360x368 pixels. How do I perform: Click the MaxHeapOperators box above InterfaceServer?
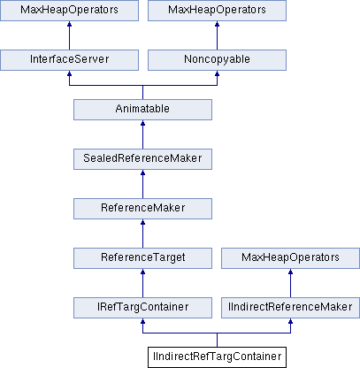point(69,11)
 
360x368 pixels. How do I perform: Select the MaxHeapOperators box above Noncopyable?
point(217,11)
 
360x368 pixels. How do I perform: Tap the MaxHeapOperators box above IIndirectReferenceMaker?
point(290,258)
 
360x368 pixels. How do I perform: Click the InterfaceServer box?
point(69,60)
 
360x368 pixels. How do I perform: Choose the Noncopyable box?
point(217,60)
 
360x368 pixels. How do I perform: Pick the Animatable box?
point(142,110)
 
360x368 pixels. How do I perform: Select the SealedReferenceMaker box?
point(142,159)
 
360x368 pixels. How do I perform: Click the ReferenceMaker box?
point(142,209)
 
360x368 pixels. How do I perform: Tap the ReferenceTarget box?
point(142,258)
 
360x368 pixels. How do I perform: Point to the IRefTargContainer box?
point(142,308)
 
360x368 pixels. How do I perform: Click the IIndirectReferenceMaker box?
point(290,308)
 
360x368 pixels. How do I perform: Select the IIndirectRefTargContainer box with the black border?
point(217,357)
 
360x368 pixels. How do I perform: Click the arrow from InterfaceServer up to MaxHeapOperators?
point(69,35)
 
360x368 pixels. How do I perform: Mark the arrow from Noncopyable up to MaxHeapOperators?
point(217,35)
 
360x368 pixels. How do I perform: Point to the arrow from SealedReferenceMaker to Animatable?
point(142,134)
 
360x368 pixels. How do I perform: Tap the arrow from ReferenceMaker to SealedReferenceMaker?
point(142,184)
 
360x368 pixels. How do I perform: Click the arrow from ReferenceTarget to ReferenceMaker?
point(142,234)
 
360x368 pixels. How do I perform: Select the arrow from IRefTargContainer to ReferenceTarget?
point(142,283)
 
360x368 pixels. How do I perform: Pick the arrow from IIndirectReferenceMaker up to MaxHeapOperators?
point(290,283)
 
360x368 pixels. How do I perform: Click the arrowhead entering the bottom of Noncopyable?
point(217,73)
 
